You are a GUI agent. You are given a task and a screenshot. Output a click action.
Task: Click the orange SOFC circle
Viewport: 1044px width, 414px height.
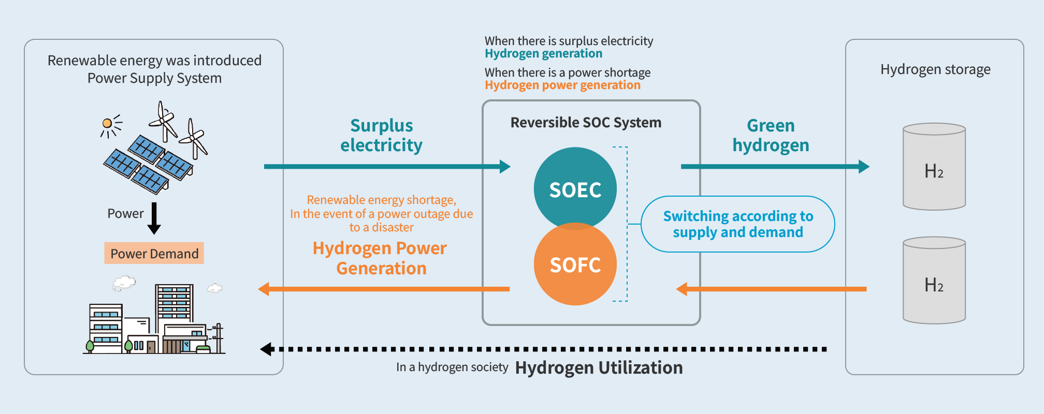point(575,266)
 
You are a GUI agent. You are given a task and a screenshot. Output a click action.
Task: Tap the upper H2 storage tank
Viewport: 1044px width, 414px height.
point(934,167)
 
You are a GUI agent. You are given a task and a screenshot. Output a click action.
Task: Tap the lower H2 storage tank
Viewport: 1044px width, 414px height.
point(934,280)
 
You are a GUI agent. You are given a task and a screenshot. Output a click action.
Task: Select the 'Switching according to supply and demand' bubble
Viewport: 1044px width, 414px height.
point(737,224)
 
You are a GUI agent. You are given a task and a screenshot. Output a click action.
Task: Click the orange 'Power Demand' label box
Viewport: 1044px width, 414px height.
point(154,254)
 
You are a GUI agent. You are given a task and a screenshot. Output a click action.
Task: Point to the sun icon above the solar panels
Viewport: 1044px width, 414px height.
point(107,123)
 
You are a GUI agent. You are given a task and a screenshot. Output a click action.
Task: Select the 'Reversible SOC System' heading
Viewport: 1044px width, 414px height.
point(586,123)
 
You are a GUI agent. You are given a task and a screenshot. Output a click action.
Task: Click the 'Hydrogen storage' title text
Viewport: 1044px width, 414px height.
point(935,69)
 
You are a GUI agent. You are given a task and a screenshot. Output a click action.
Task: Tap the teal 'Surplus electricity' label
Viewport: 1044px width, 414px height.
point(381,136)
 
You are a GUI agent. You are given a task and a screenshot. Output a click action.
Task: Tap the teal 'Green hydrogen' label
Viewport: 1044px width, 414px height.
point(771,136)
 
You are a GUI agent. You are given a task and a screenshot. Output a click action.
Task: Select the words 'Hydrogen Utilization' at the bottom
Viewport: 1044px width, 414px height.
point(599,368)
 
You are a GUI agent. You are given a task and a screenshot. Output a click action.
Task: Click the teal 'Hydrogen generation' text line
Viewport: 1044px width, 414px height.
point(543,54)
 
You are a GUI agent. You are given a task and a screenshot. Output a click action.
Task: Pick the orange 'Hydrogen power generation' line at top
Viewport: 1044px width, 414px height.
point(562,85)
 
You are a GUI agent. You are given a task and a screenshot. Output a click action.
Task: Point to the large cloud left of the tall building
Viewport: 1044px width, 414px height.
point(124,283)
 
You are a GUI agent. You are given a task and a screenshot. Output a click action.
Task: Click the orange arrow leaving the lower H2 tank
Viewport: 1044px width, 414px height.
point(772,289)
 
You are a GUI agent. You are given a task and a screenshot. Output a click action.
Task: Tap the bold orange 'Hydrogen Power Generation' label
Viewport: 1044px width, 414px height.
point(380,258)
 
